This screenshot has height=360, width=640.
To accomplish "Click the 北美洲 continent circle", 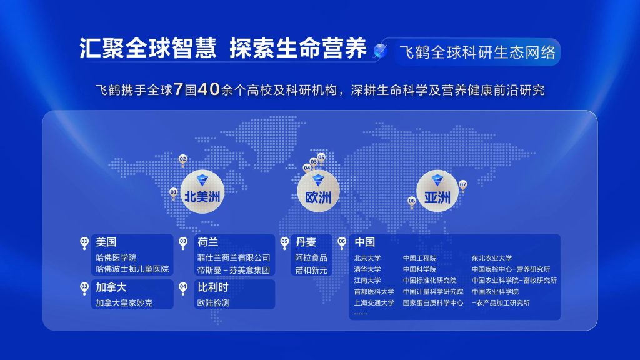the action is click(x=202, y=191).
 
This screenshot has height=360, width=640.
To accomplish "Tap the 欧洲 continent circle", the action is click(x=318, y=191).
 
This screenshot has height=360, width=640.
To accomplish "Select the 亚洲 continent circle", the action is click(x=437, y=191).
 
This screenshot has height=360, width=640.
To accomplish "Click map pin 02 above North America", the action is click(x=183, y=160).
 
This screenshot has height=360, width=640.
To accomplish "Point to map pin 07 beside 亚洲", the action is click(x=462, y=186).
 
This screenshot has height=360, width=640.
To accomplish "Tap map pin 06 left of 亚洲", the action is click(x=412, y=202).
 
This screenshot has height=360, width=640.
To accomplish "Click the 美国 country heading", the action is click(x=106, y=242).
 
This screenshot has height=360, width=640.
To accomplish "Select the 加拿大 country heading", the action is click(x=111, y=287).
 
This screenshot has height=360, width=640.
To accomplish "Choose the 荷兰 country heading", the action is click(x=207, y=242).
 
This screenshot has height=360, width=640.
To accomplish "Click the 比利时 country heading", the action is click(x=212, y=287).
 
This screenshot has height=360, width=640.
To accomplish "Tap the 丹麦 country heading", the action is click(x=306, y=242).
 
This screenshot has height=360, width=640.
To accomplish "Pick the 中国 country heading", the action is click(x=365, y=242).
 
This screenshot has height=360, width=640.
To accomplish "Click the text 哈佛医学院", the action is click(x=116, y=257).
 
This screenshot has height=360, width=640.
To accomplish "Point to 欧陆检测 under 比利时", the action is click(x=214, y=303).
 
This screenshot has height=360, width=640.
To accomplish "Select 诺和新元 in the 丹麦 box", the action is click(x=311, y=270).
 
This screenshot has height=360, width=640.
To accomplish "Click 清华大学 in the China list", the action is click(x=367, y=269).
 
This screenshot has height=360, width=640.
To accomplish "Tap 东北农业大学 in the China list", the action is click(x=492, y=258).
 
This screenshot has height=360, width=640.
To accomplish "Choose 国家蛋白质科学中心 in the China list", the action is click(x=433, y=303).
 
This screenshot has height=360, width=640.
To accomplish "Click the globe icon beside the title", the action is click(x=381, y=50).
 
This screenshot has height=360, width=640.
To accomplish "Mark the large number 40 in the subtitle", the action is click(x=209, y=89).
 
